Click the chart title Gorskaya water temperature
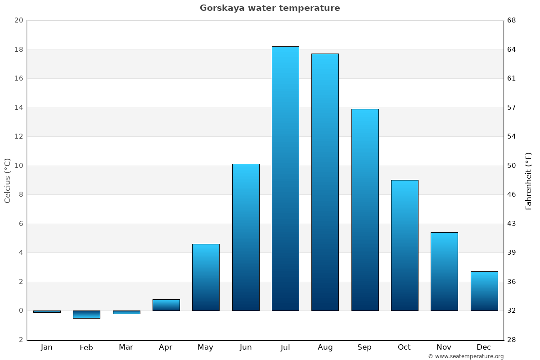[270, 8]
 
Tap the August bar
[325, 182]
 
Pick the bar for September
[364, 210]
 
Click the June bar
[246, 237]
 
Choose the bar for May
[206, 277]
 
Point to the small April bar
[166, 305]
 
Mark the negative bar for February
[86, 315]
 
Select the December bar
[484, 291]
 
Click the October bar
[405, 245]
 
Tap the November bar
[444, 271]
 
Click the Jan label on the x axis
[47, 347]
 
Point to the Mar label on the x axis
[126, 347]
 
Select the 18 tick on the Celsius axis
[18, 49]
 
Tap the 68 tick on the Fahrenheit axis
[512, 20]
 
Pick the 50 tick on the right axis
[512, 166]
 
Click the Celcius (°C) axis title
[7, 180]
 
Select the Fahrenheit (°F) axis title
[528, 180]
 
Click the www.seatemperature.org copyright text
[466, 356]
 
